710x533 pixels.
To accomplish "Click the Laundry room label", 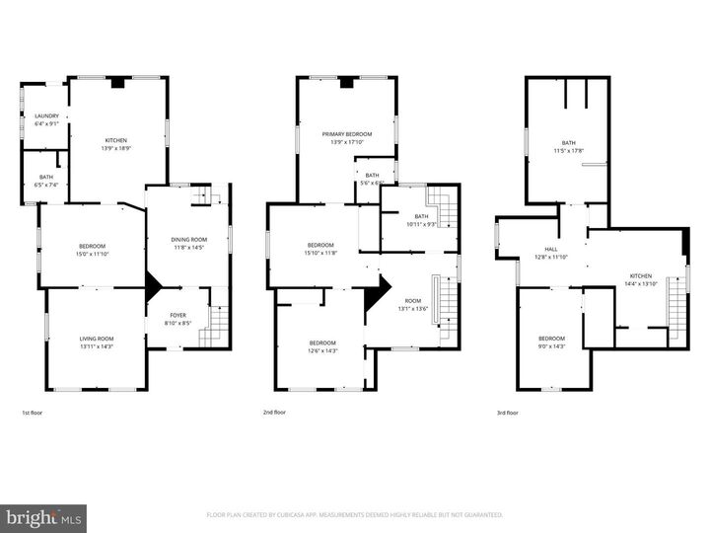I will (x=46, y=116).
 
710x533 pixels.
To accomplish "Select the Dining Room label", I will (x=188, y=239).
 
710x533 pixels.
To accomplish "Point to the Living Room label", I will (x=97, y=340).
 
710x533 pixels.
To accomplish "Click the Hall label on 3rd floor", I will (x=551, y=250).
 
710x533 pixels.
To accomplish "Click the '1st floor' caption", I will (x=32, y=412).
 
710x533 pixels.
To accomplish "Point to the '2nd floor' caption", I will (x=274, y=412).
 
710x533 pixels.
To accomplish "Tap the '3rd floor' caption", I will (x=507, y=412).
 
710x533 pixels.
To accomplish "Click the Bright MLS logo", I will (x=43, y=518).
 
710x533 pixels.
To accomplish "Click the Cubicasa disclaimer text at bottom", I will (x=355, y=514).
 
